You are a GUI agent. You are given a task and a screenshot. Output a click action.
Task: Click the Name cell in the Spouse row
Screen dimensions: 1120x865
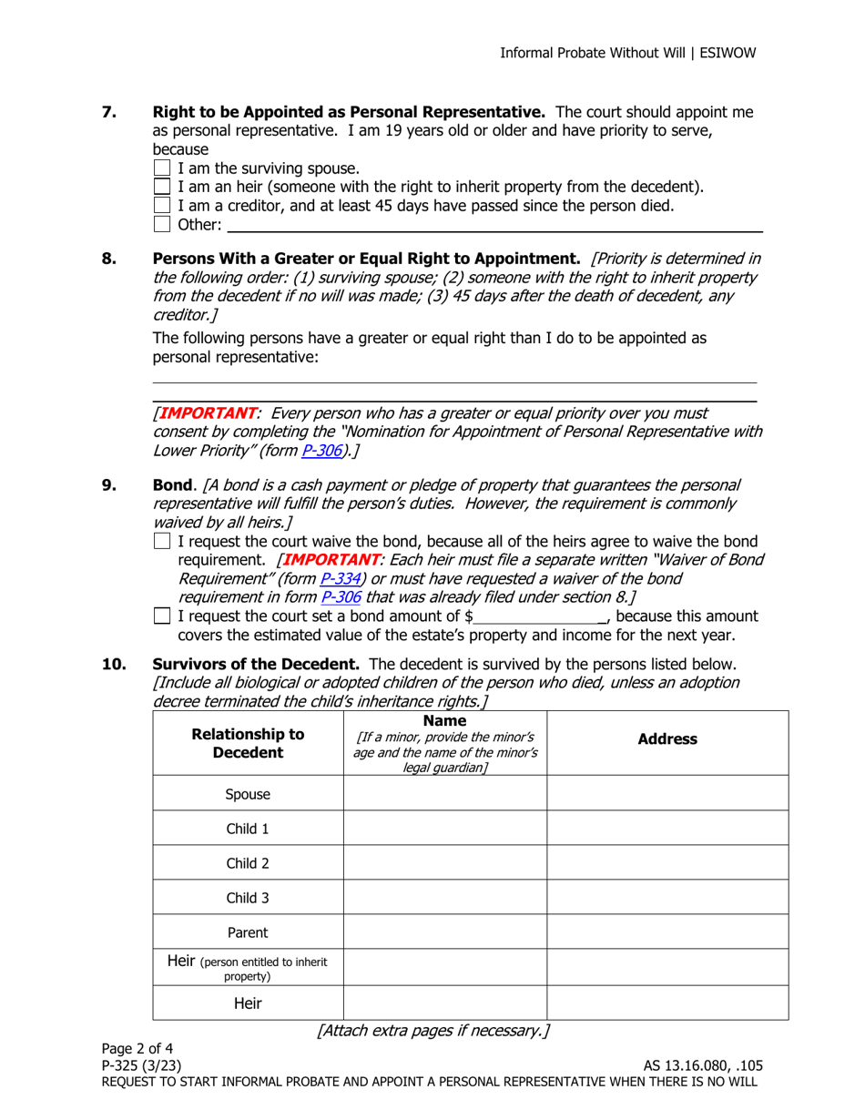tap(444, 793)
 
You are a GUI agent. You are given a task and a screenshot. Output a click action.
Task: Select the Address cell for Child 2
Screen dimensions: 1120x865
tap(667, 862)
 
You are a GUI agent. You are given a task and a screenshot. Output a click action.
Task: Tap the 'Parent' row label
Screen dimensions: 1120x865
tap(248, 932)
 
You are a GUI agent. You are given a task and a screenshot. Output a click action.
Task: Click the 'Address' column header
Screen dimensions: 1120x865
tap(667, 740)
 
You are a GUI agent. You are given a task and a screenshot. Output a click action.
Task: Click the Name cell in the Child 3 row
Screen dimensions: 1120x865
tap(444, 897)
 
